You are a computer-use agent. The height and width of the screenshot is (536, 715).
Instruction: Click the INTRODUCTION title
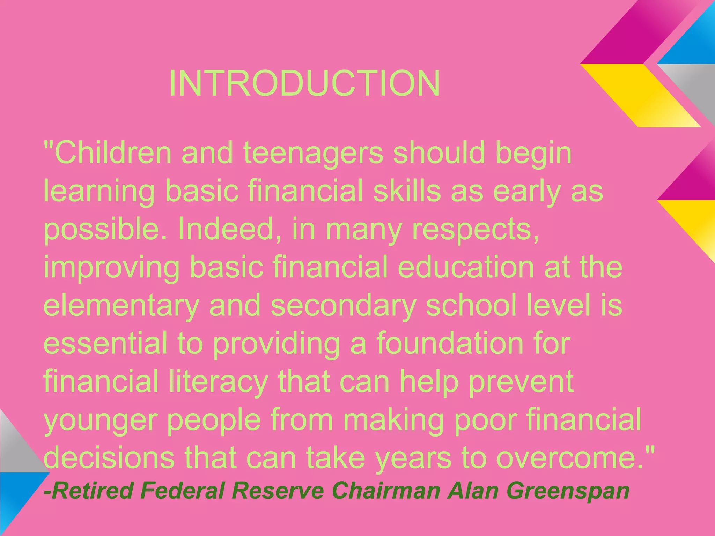(304, 84)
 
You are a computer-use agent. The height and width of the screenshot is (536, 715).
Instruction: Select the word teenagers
(313, 154)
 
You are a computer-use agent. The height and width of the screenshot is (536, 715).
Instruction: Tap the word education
(466, 267)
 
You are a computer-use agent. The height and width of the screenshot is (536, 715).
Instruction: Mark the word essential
(105, 343)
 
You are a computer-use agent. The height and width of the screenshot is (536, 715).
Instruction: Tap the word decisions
(109, 457)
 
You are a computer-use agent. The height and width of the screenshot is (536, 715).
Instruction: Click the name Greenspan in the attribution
(568, 491)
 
